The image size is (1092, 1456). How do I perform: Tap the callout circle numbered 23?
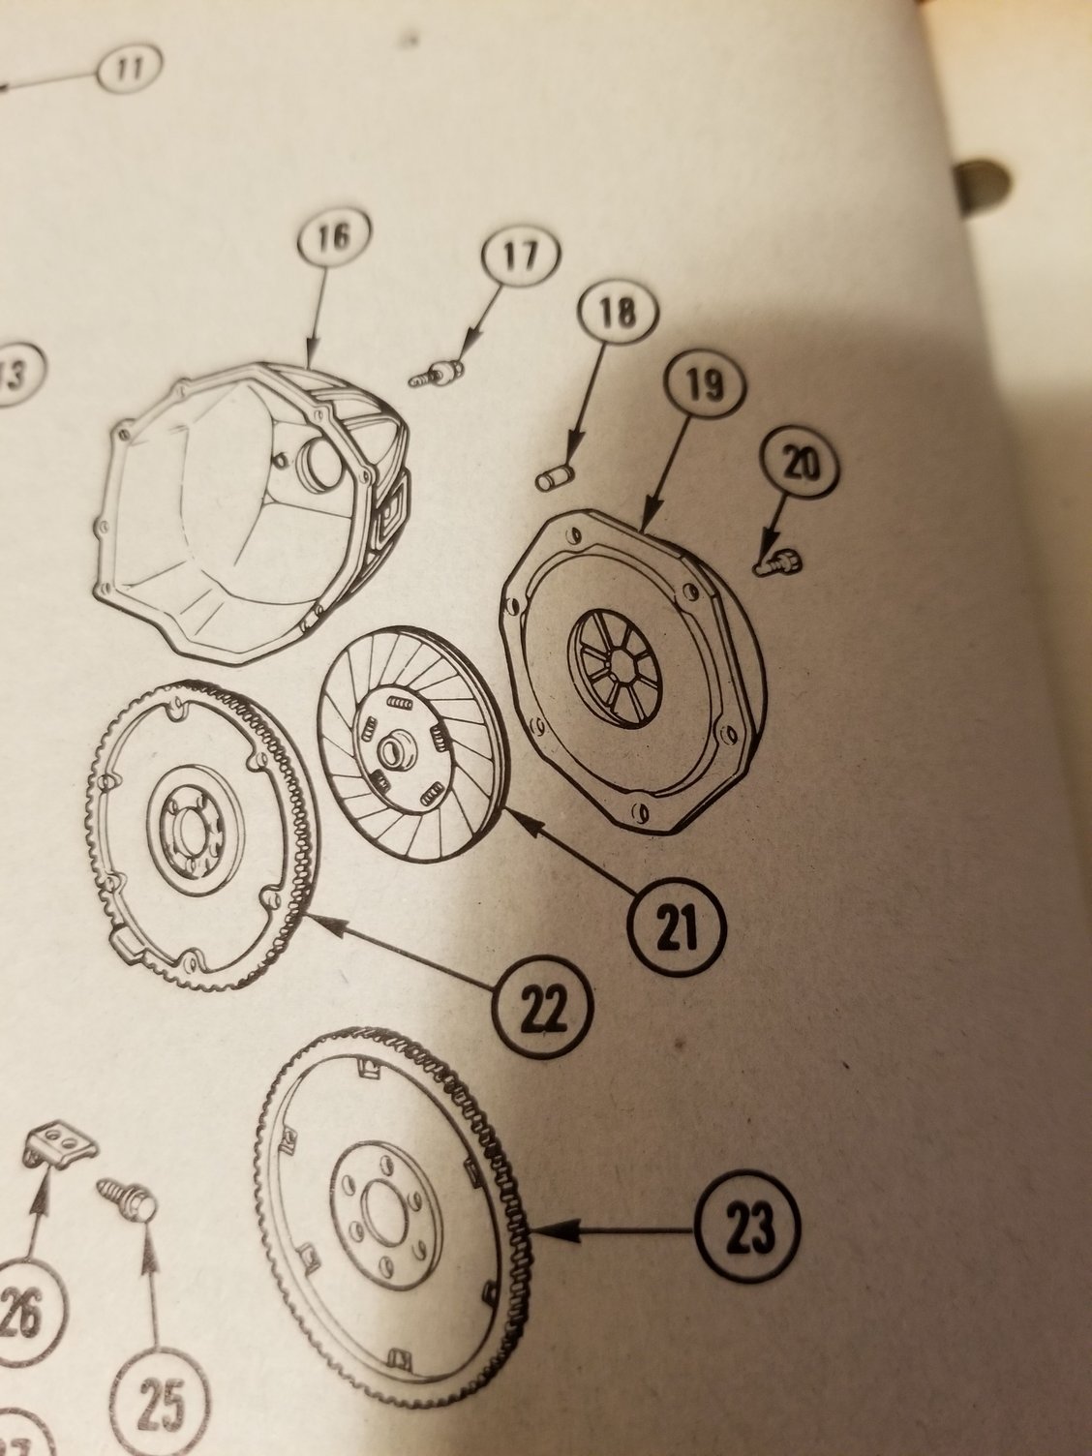752,1230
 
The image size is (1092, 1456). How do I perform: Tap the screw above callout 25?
123,1194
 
